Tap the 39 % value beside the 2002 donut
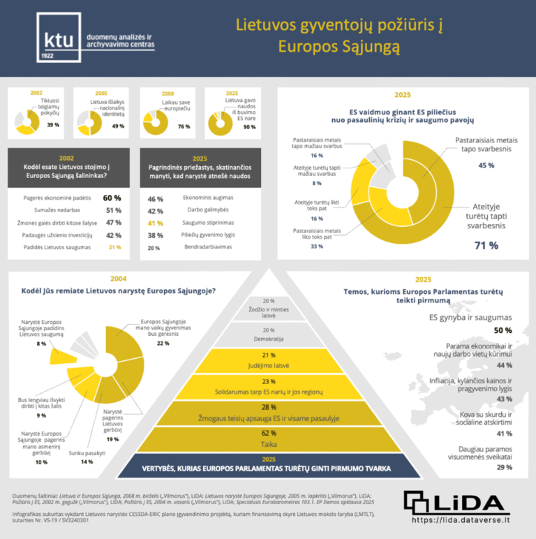(53, 125)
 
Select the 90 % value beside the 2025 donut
(249, 126)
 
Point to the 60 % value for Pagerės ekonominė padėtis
(112, 198)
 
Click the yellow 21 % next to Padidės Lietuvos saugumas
(114, 248)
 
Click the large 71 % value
(486, 245)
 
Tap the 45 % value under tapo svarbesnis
(486, 165)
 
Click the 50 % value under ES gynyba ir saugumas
(502, 330)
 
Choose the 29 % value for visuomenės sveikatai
(504, 467)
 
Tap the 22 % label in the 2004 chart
(163, 344)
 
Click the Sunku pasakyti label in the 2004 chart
(87, 453)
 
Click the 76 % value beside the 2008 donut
(184, 126)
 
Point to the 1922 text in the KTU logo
(48, 54)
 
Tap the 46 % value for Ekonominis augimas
(156, 199)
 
